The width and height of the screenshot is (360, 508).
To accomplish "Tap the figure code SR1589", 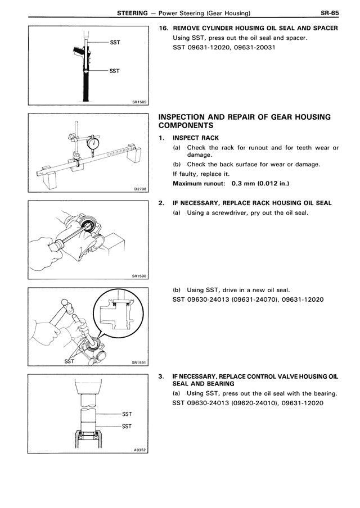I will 139,102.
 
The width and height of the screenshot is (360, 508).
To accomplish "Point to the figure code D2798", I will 140,189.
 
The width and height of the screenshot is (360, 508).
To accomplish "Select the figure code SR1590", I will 139,276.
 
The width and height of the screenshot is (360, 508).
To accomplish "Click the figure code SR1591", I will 139,363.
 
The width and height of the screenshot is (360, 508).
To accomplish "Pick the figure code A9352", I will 140,449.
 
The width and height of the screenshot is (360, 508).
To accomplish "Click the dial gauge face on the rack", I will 92,144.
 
